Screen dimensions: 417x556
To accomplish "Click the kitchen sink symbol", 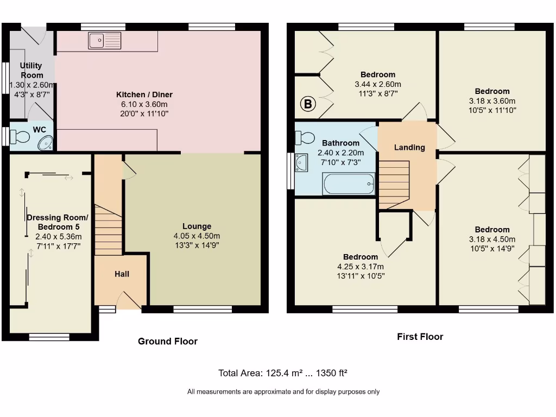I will pyautogui.click(x=105, y=40).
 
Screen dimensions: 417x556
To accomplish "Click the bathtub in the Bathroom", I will pyautogui.click(x=349, y=184).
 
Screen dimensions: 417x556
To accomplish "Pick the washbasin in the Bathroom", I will pyautogui.click(x=301, y=162).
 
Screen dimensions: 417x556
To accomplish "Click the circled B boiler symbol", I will pyautogui.click(x=308, y=104).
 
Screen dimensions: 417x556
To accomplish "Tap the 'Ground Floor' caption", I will pyautogui.click(x=167, y=341).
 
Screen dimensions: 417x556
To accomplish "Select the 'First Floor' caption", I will pyautogui.click(x=420, y=337).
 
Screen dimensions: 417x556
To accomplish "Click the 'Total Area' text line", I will pyautogui.click(x=282, y=373).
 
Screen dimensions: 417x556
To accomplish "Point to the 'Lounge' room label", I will pyautogui.click(x=197, y=226).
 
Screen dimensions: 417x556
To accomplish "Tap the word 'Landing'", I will pyautogui.click(x=409, y=147).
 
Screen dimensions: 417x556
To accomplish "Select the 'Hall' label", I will pyautogui.click(x=122, y=274).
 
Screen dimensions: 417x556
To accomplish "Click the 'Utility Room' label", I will pyautogui.click(x=31, y=70).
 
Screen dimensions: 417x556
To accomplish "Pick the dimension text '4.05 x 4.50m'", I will pyautogui.click(x=197, y=236).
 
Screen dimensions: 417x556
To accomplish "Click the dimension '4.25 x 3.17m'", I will pyautogui.click(x=360, y=266).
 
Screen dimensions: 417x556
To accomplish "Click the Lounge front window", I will pyautogui.click(x=203, y=309).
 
